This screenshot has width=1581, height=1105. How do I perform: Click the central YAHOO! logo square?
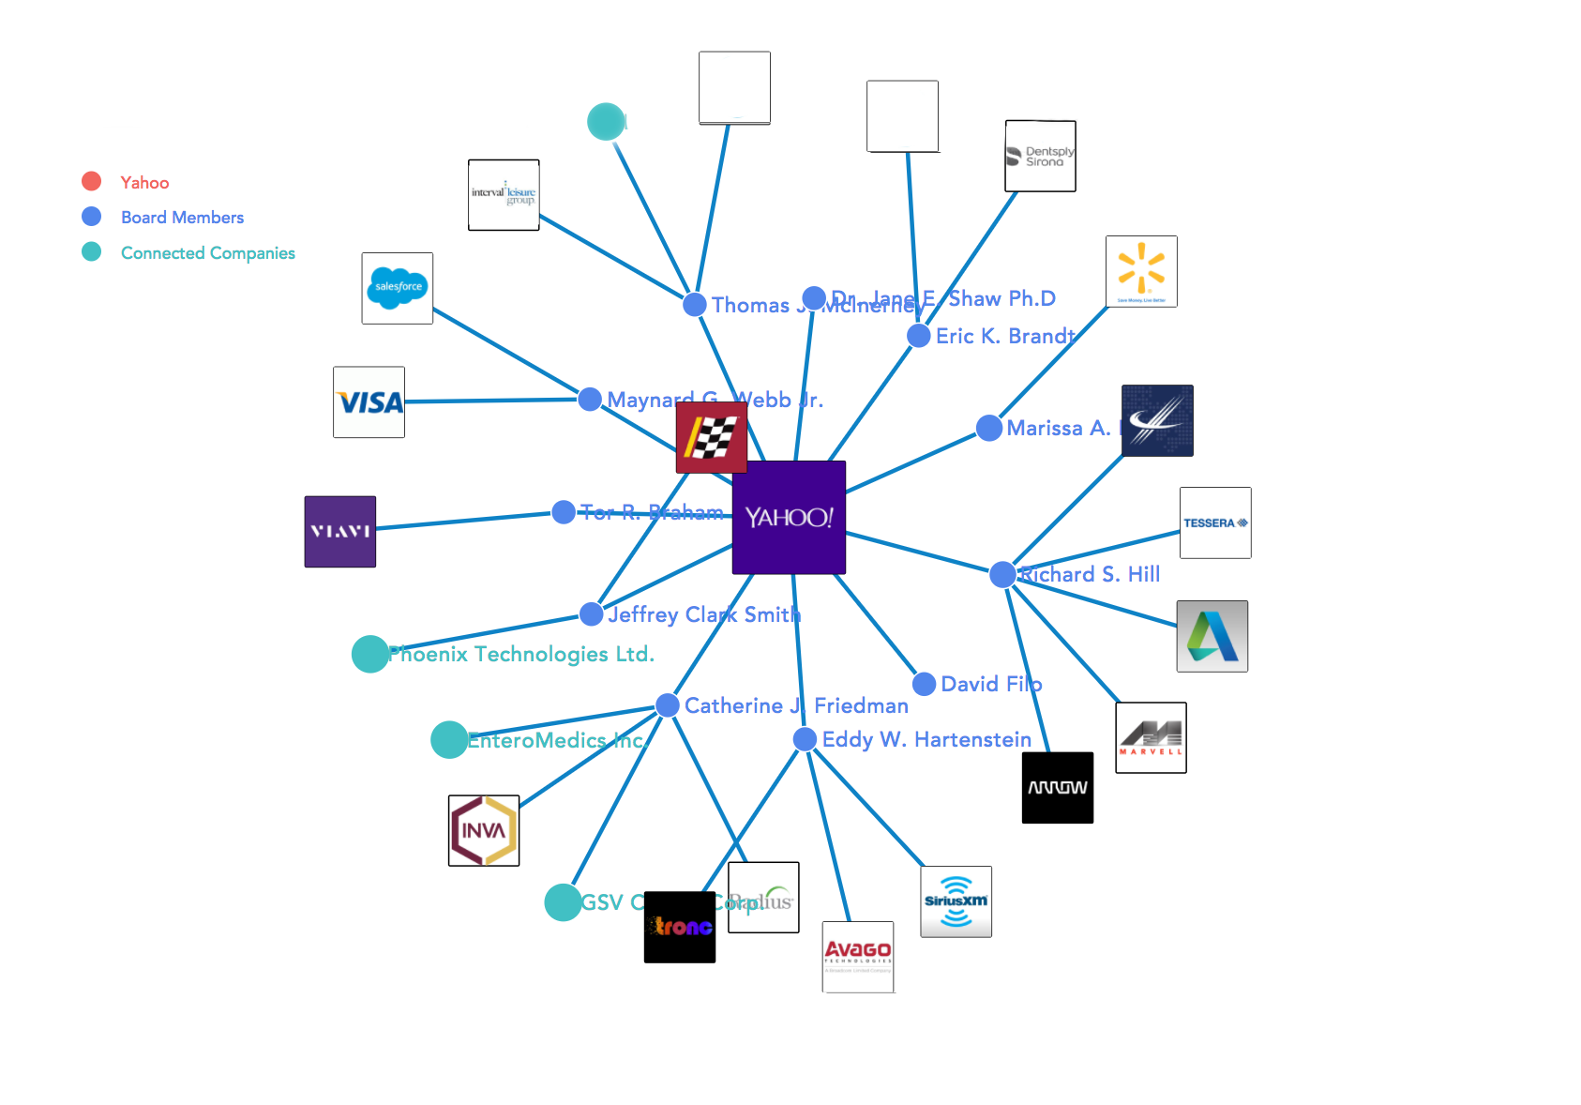click(789, 517)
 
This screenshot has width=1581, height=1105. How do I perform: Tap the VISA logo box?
click(369, 402)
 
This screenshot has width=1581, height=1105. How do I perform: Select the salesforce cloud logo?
click(398, 288)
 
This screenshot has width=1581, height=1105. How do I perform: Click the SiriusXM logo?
click(956, 901)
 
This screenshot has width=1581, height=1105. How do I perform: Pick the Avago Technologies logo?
click(858, 957)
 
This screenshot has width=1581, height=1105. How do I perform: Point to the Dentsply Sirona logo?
click(1040, 156)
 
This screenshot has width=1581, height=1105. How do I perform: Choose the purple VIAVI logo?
click(340, 532)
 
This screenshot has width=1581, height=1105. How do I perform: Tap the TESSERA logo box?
click(1215, 522)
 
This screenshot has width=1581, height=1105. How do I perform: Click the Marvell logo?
click(1151, 737)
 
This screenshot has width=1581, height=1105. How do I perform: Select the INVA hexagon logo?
click(484, 830)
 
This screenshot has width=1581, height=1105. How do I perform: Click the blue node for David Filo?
click(924, 684)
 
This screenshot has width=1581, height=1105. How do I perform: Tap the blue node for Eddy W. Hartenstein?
click(805, 739)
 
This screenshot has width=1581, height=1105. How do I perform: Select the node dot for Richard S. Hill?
click(1002, 574)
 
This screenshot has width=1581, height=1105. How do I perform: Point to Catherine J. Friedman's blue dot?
click(667, 705)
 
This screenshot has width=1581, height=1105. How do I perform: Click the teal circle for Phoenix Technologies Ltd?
click(369, 654)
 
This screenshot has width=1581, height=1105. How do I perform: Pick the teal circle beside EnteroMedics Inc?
click(449, 740)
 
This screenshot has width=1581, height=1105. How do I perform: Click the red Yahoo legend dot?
click(91, 182)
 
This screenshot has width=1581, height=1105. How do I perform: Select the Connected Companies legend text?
click(207, 253)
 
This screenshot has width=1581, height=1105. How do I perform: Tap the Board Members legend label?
click(182, 218)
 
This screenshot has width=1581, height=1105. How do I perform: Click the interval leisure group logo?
click(504, 195)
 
